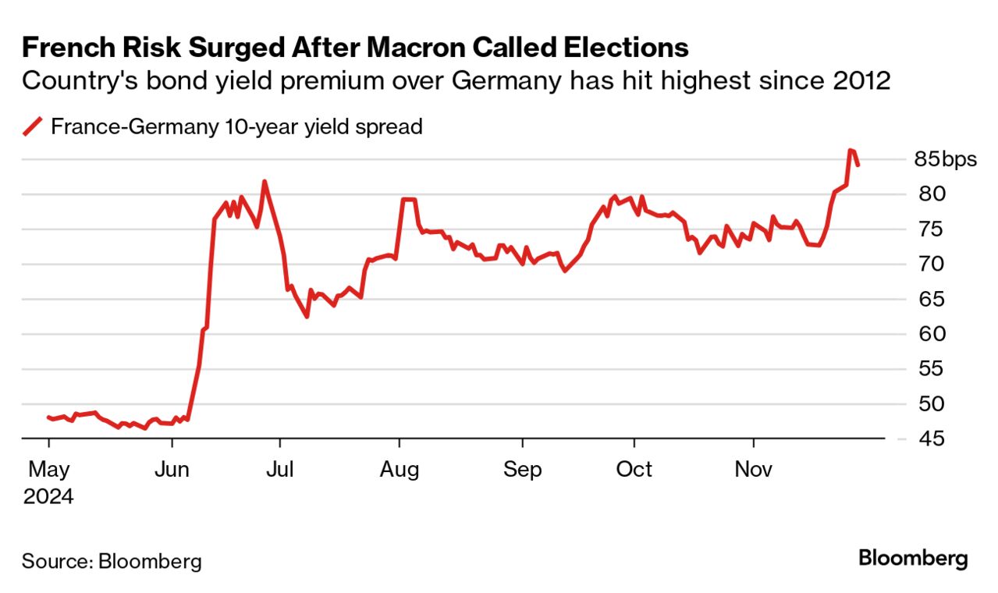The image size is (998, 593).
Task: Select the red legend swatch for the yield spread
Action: coord(32,126)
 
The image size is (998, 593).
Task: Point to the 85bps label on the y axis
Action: coord(945,160)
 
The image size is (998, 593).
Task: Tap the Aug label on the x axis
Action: coord(399,470)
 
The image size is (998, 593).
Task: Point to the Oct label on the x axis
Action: coord(634,470)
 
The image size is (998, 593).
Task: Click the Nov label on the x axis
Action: coord(753,470)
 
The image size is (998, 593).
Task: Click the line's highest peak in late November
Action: coord(850,150)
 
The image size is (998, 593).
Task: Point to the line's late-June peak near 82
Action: coord(265,182)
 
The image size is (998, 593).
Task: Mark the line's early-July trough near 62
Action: coord(307,316)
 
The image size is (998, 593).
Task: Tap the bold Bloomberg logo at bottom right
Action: coord(913,559)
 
